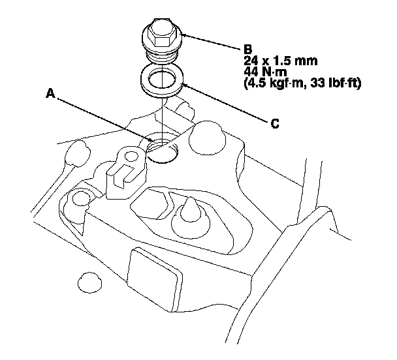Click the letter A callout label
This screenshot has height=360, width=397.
(50, 94)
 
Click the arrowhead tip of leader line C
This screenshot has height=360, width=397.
(183, 83)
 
